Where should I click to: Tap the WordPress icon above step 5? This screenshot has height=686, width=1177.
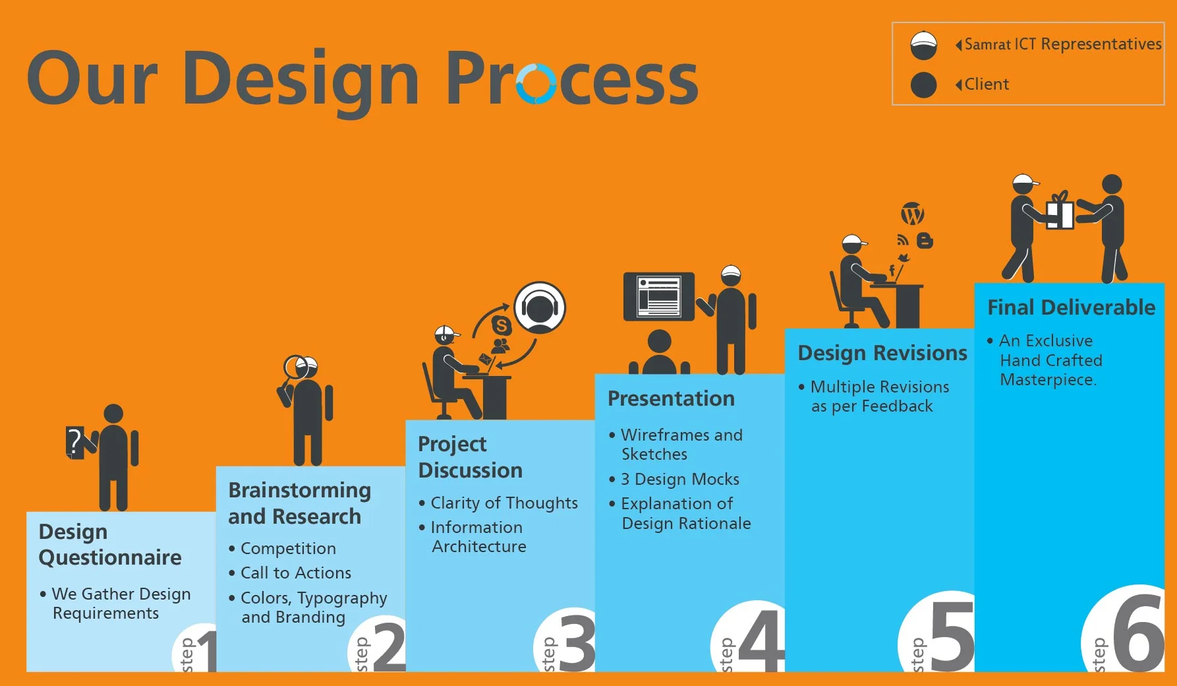tap(913, 214)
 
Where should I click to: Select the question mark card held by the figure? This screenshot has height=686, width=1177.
tap(75, 442)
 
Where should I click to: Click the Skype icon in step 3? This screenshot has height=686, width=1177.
tap(502, 325)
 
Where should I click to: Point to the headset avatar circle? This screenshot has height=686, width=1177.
tap(540, 307)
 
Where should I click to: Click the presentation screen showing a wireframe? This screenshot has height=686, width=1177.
tap(659, 296)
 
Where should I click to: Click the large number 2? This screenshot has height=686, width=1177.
tap(389, 645)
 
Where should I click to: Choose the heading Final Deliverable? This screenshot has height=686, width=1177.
tap(1071, 307)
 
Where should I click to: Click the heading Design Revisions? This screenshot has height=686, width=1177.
tap(882, 354)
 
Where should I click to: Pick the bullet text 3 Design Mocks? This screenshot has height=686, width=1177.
tap(680, 479)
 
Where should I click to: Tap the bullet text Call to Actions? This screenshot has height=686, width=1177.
tap(296, 573)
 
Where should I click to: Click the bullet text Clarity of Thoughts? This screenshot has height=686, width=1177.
tap(504, 503)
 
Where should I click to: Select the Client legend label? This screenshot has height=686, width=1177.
tap(987, 84)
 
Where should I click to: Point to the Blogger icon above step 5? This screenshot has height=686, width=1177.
tap(925, 241)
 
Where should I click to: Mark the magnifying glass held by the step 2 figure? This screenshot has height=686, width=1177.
tap(293, 372)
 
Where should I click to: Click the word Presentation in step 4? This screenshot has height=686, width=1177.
tap(671, 398)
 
